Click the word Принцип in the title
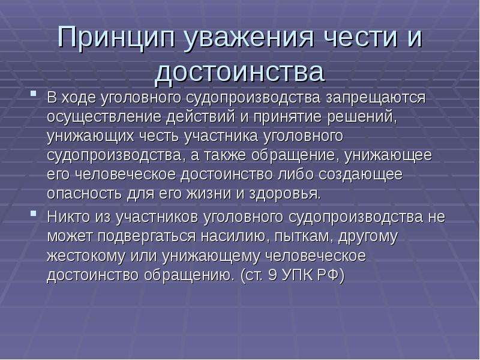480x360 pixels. coord(116,37)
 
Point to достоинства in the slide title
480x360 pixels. coord(239,71)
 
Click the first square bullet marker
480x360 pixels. coord(34,93)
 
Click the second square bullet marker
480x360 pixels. coord(34,212)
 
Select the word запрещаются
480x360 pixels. coord(376,98)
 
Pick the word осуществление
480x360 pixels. coord(104,117)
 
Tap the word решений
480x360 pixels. coord(362,117)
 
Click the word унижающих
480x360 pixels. coord(91,136)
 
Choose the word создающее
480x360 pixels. coord(361,175)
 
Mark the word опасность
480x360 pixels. coord(84,194)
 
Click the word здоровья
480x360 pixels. coord(285,194)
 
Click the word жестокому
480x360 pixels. coord(86,256)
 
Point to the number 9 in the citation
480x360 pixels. coord(272,275)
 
